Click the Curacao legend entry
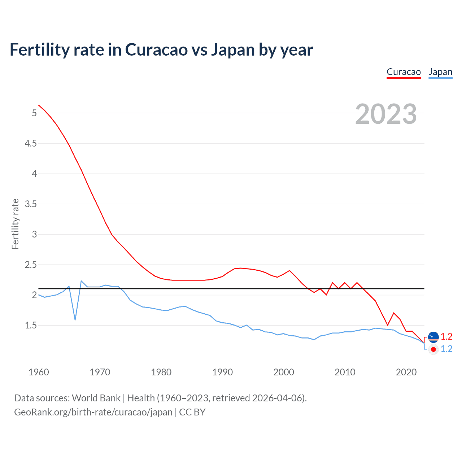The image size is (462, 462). [x=404, y=72]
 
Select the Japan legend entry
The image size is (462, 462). [x=440, y=72]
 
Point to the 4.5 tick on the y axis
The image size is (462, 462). [x=31, y=144]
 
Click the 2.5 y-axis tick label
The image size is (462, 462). [x=31, y=265]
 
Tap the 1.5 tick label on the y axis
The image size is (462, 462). [x=31, y=326]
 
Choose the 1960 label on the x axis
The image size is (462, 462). [x=39, y=372]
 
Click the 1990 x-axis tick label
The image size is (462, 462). [x=222, y=372]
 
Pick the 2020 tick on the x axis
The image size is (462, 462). [x=406, y=372]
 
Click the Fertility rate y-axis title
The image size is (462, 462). [x=15, y=224]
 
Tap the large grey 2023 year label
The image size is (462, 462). [x=386, y=114]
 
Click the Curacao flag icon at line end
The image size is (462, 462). [x=433, y=337]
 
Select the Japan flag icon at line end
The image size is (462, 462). [x=433, y=349]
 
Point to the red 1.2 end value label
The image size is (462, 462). [x=446, y=336]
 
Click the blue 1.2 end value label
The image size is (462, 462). [x=446, y=349]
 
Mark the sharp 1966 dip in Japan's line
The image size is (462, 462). [x=75, y=320]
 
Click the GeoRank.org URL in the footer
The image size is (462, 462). [x=93, y=412]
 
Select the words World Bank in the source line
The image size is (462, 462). [x=96, y=398]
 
